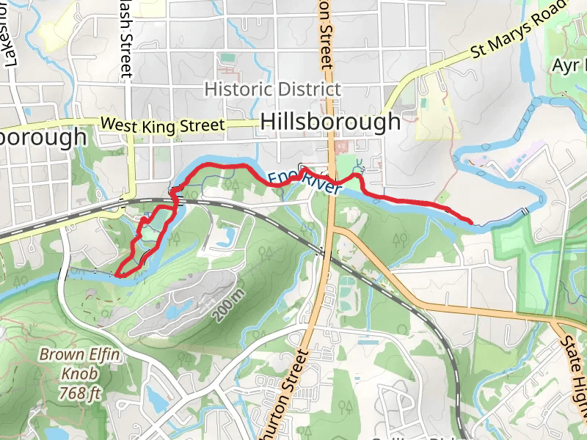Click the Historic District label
272,89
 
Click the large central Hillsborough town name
330,122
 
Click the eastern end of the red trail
470,220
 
